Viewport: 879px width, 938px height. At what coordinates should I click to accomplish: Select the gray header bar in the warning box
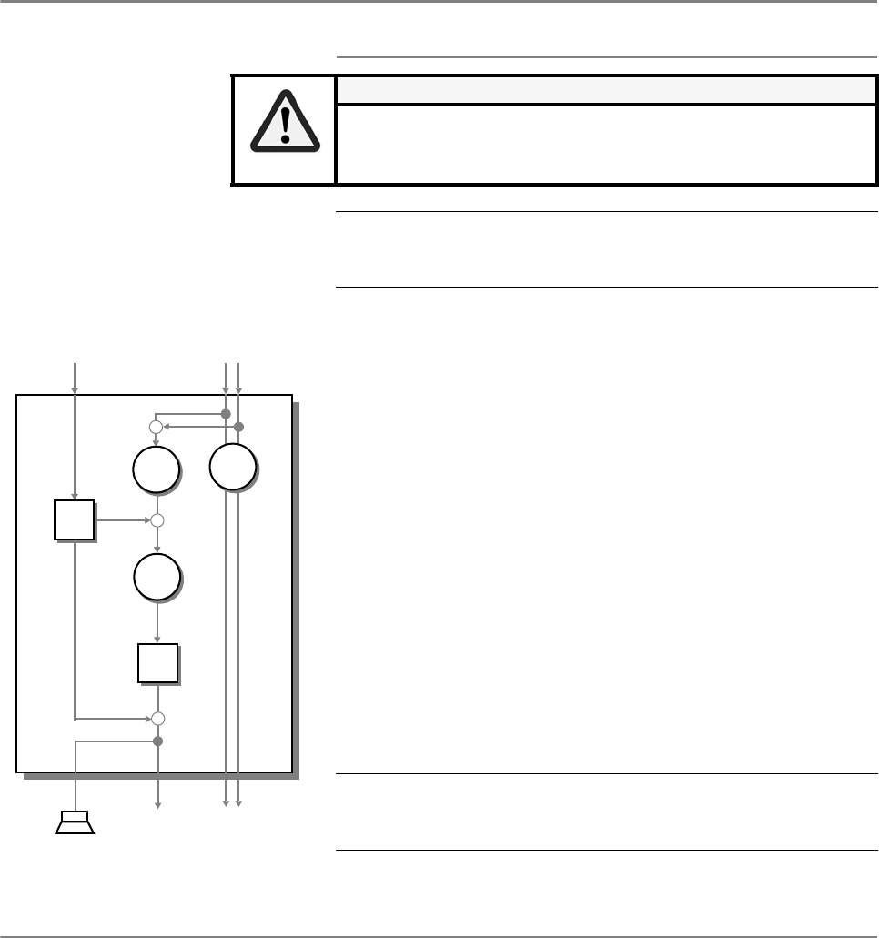[x=600, y=89]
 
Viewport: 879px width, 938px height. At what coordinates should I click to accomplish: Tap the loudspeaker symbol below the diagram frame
[x=75, y=822]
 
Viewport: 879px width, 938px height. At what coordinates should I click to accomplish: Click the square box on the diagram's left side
[x=73, y=520]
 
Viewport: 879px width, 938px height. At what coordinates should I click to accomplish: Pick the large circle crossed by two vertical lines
[x=232, y=468]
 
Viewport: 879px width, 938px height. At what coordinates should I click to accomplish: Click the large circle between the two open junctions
[x=156, y=575]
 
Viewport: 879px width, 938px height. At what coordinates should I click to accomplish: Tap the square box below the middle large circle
[x=157, y=662]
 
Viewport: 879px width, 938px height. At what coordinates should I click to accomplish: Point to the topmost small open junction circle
[x=156, y=427]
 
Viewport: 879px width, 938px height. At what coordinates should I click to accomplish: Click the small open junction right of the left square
[x=157, y=521]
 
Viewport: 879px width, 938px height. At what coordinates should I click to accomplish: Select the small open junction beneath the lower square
[x=157, y=719]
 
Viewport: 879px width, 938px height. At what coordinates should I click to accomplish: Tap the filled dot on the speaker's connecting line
[x=157, y=741]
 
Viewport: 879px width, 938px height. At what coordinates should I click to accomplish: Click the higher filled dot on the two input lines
[x=226, y=415]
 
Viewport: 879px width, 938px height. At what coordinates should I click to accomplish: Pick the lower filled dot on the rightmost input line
[x=238, y=427]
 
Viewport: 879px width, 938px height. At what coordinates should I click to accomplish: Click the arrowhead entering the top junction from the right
[x=166, y=427]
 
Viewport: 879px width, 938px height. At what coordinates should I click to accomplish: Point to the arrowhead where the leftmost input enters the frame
[x=75, y=391]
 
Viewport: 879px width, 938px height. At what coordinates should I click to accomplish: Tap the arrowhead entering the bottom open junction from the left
[x=146, y=719]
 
